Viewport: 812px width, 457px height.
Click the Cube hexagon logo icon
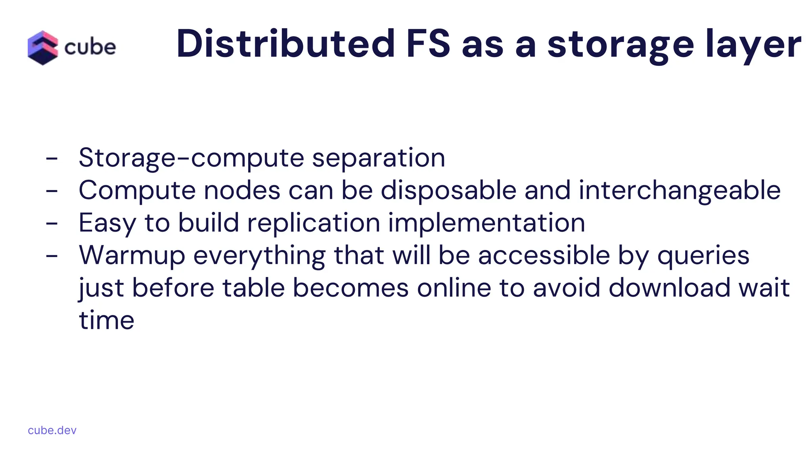43,48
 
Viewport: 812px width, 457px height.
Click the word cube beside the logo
90,48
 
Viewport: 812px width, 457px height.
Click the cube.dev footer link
52,430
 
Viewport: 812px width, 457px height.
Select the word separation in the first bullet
379,158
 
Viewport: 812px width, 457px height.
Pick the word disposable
448,191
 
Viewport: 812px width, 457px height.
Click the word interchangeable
680,191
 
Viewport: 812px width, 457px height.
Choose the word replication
314,223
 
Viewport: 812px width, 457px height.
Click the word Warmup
132,255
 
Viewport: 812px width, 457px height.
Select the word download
669,288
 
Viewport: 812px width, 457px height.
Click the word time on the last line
107,320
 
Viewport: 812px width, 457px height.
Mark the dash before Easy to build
52,223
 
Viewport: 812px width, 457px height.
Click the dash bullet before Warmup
52,256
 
